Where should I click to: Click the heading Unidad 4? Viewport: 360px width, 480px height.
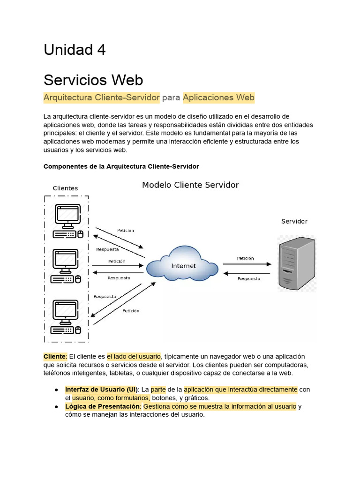(75, 50)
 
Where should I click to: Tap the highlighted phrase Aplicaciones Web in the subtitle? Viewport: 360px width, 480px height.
(218, 97)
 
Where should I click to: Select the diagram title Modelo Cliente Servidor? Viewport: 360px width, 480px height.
(190, 185)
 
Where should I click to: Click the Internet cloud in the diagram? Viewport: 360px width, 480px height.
(183, 266)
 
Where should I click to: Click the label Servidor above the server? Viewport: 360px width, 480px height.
(294, 221)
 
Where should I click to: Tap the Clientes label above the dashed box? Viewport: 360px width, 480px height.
(65, 188)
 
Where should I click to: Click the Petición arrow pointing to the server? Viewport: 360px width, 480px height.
(247, 263)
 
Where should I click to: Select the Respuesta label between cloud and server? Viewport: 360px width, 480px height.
(248, 279)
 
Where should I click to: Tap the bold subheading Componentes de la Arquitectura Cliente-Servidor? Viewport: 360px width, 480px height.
(121, 166)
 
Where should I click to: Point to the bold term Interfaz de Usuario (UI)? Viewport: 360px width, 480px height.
(101, 390)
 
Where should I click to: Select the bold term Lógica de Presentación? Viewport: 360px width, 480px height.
(103, 406)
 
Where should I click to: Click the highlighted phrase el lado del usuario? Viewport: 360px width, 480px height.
(134, 356)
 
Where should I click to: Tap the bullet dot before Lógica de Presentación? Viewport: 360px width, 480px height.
(56, 406)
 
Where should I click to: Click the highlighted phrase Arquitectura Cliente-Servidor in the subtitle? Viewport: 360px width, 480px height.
(102, 97)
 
